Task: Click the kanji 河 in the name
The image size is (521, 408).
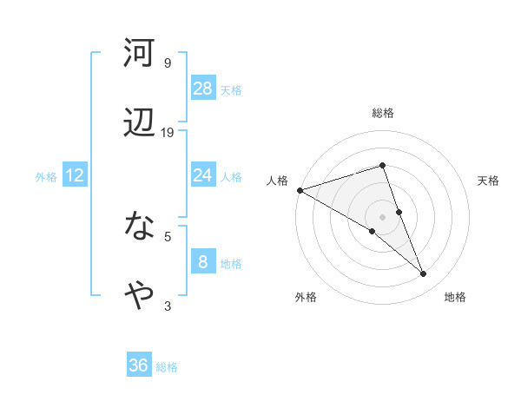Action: coord(139,54)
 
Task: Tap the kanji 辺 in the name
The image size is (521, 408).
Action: coord(139,124)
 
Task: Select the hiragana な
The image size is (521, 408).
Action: coord(139,227)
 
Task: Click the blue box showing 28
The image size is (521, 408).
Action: coord(203,89)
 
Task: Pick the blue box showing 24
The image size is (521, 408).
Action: coord(203,175)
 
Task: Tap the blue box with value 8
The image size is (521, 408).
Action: coord(203,261)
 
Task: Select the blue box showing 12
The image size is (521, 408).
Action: coord(75,175)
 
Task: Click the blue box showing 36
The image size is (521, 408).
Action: coord(139,365)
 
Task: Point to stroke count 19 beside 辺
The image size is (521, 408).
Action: coord(168,133)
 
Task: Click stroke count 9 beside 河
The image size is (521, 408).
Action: coord(168,63)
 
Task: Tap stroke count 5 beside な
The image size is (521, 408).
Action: coord(168,235)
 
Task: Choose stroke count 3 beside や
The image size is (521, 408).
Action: coord(168,306)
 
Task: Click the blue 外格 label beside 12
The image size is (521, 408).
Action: coord(46,177)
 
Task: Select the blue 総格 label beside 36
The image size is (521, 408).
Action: coord(167,367)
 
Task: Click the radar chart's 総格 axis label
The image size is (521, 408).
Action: coord(382,113)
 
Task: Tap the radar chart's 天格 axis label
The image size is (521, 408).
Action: coord(489,181)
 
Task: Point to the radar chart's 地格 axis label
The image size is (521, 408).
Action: coord(455,297)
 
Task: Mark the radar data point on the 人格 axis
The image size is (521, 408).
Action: coord(300,189)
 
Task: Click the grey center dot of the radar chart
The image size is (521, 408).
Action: coord(382,216)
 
